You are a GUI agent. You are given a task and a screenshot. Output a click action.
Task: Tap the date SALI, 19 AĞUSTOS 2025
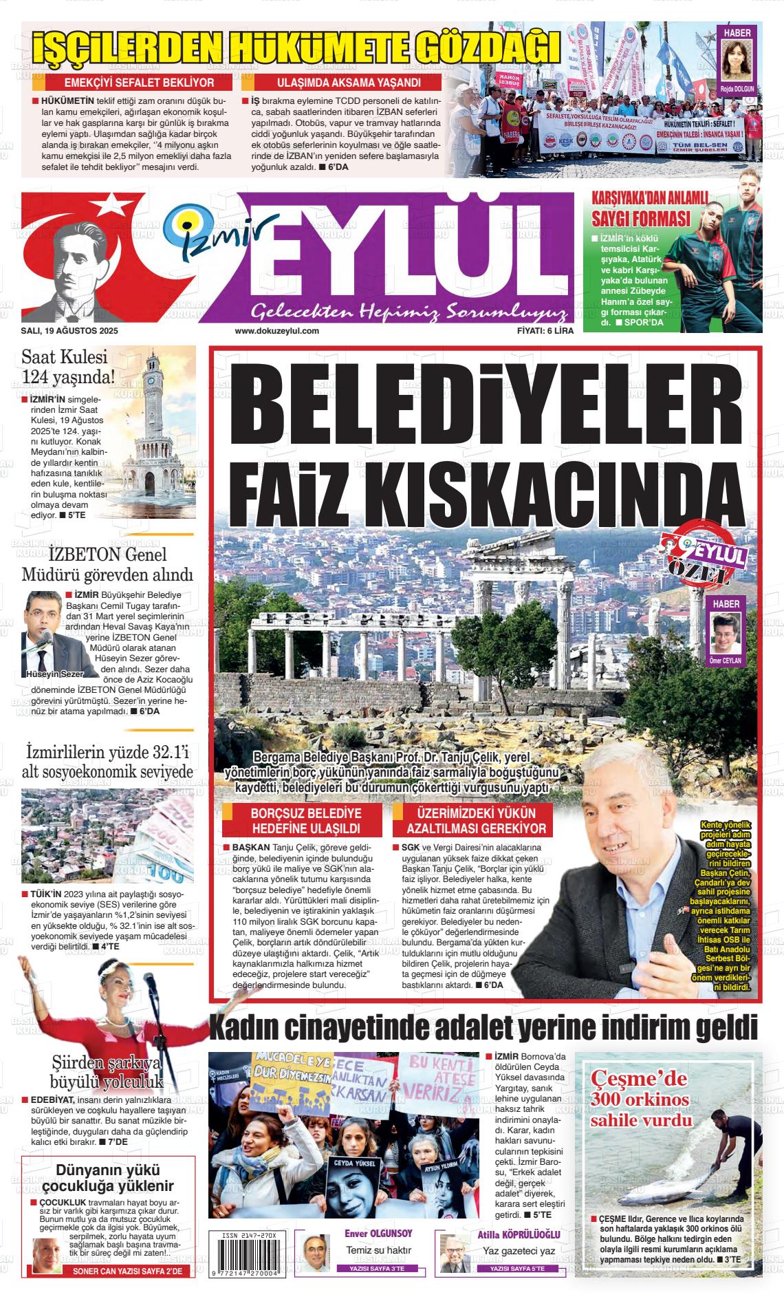coord(69,331)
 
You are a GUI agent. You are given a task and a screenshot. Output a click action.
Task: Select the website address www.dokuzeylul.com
coord(277,331)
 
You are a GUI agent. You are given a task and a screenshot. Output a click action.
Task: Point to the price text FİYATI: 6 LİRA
coord(545,331)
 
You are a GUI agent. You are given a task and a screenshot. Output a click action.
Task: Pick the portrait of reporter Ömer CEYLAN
coord(726,633)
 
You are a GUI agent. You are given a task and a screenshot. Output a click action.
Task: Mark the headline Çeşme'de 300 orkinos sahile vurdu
coord(640,1101)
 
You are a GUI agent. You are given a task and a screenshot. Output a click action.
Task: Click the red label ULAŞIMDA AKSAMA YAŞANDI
coord(349,83)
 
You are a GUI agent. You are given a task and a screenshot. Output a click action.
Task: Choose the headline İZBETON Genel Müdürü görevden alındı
coord(107,564)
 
